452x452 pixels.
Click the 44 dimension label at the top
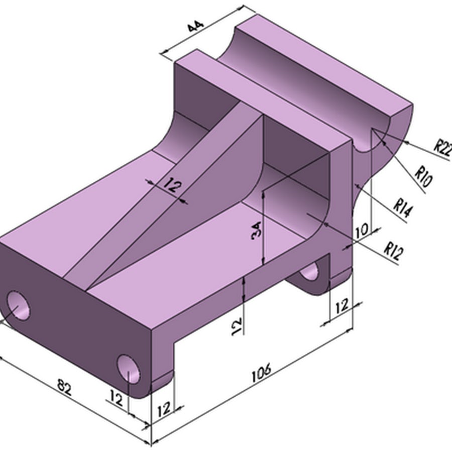195,26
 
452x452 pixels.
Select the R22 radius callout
442,148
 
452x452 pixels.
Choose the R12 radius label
395,250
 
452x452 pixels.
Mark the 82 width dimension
64,388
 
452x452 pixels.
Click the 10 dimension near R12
362,231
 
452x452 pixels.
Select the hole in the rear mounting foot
310,271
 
